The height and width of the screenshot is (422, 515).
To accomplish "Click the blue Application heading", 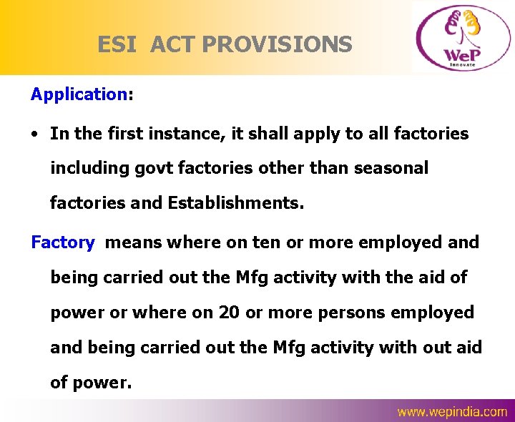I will pos(79,94).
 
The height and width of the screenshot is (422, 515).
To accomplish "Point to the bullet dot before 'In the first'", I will pos(36,134).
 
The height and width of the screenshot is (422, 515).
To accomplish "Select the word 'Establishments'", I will pos(235,204).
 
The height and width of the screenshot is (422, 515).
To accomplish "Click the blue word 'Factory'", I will pos(62,242).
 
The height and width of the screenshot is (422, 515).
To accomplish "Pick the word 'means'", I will pos(133,242).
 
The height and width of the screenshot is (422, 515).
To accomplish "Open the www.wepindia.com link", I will pos(452,411).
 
